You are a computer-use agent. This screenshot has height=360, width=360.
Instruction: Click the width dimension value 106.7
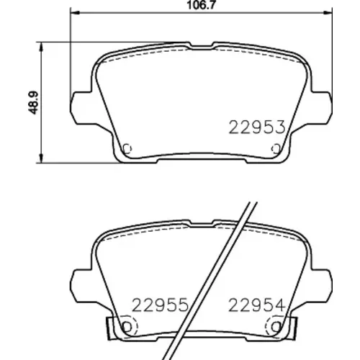coord(201,4)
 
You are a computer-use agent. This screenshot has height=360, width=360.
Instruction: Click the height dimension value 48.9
coord(33,102)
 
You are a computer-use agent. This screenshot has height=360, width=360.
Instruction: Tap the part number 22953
coord(257,127)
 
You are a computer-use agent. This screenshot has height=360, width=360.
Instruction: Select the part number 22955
coord(160,305)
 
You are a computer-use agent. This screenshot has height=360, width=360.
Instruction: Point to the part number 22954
coord(257,305)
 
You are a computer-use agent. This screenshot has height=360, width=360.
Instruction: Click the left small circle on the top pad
coord(127,149)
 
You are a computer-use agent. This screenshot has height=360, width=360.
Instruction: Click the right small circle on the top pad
coord(276,149)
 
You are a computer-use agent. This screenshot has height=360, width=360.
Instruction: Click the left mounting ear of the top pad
coord(81,108)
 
